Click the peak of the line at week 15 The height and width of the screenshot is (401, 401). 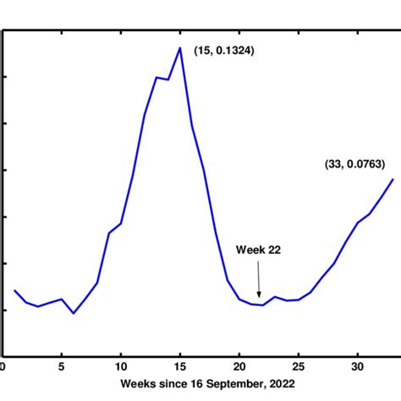[180, 47]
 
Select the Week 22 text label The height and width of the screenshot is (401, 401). [258, 250]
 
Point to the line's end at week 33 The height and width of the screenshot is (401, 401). [393, 179]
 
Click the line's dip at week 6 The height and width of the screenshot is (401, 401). [74, 313]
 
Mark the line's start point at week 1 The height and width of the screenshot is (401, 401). [14, 290]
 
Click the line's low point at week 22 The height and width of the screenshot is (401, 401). [263, 305]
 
